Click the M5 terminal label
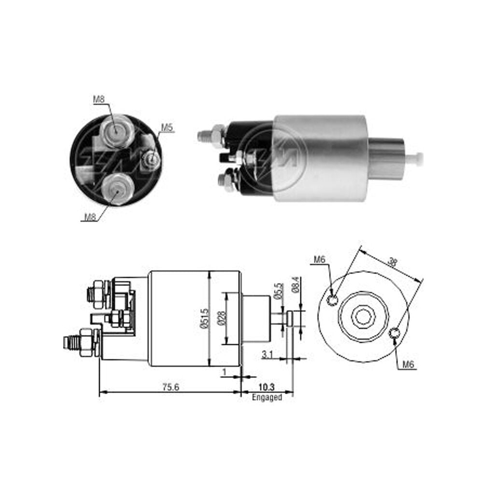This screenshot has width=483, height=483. [167, 128]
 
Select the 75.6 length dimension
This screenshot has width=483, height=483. [170, 387]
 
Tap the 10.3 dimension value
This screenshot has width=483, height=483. [267, 387]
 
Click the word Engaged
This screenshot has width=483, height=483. [267, 398]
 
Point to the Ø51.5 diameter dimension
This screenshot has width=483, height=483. [204, 319]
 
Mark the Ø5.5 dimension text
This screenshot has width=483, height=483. [278, 291]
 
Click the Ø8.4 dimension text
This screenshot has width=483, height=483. [296, 284]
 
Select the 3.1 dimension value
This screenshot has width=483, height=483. [267, 355]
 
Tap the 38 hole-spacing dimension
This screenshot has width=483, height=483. [392, 263]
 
